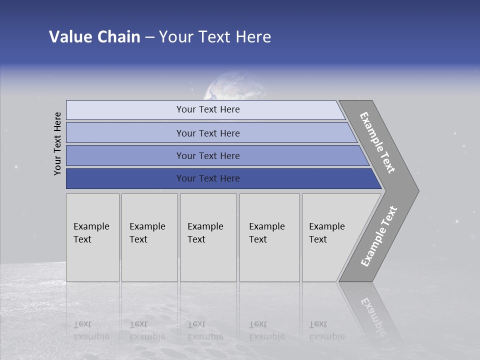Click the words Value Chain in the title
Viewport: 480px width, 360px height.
tap(94, 37)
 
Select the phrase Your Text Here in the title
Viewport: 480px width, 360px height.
tap(215, 37)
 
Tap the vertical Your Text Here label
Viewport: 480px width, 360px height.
tap(57, 143)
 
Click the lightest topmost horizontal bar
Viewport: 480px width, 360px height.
tap(205, 109)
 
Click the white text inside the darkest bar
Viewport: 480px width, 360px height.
tap(208, 178)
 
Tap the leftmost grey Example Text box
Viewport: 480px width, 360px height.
tap(92, 237)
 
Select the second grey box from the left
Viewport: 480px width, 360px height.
tap(149, 237)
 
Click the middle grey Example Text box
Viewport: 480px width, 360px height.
tap(208, 237)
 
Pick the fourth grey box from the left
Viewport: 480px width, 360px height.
tap(269, 237)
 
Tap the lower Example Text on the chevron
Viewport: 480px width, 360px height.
tap(379, 236)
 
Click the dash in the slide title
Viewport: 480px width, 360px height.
tap(149, 37)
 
